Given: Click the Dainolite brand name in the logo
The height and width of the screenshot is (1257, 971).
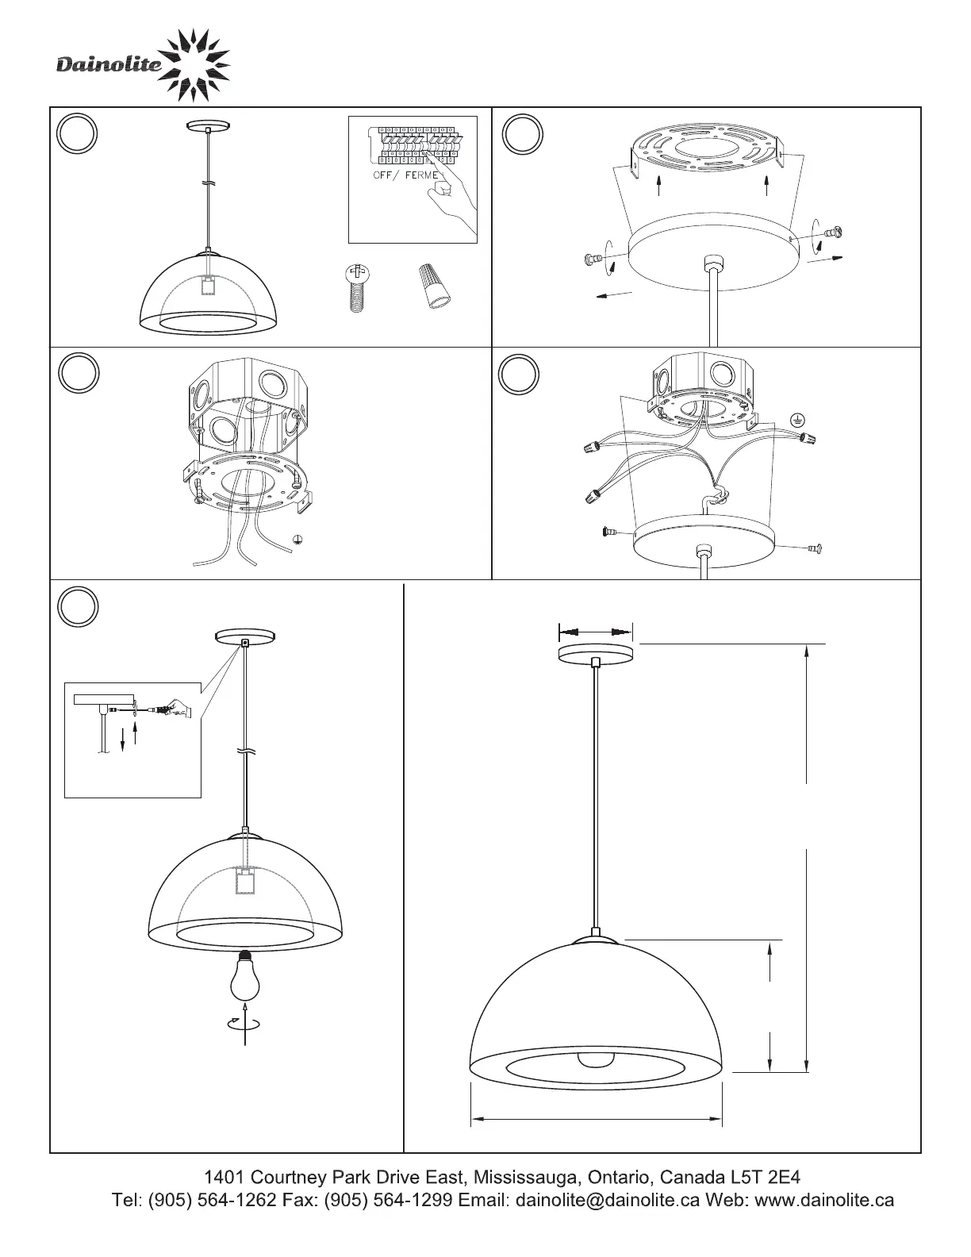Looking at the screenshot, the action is (x=109, y=64).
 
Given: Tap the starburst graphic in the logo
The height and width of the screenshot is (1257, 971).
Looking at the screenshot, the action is (x=194, y=65).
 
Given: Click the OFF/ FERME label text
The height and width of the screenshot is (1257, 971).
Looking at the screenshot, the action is (x=405, y=175).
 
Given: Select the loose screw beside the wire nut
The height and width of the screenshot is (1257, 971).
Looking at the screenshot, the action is (x=357, y=288).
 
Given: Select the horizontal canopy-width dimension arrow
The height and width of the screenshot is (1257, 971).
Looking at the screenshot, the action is (x=595, y=632).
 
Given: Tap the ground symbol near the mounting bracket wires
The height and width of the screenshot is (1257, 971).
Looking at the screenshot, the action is (x=297, y=540).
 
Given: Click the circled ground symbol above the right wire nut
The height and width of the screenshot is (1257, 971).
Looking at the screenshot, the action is (x=797, y=421).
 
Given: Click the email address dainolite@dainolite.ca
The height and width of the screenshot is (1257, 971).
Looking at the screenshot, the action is (x=607, y=1200).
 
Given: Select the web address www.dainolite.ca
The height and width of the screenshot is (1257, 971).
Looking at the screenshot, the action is (x=825, y=1200).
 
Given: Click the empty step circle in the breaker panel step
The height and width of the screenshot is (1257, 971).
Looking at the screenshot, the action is (x=77, y=133).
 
